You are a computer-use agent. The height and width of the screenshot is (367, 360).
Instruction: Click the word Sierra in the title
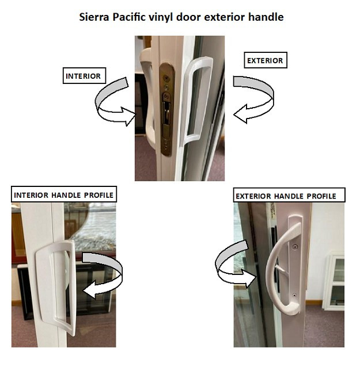[x=93, y=17]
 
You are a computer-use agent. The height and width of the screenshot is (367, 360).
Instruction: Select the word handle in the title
[x=267, y=17]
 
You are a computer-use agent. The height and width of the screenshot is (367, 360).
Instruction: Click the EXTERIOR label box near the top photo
[x=266, y=60]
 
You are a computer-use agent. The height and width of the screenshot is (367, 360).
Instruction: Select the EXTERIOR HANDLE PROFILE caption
[x=286, y=196]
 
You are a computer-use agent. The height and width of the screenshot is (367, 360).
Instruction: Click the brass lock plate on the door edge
[x=166, y=109]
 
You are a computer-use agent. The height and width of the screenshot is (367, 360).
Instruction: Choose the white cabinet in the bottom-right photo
[x=334, y=282]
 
